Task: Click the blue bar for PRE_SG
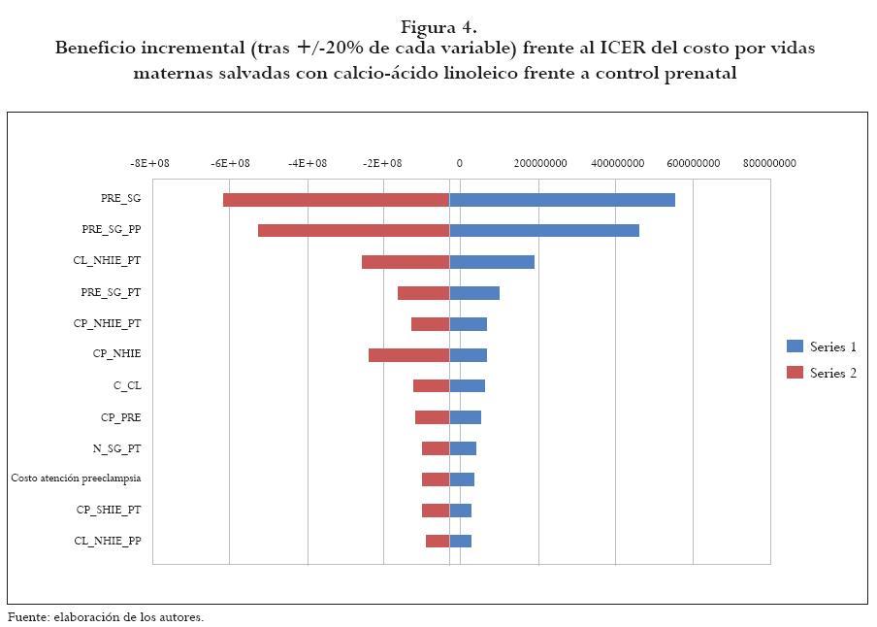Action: click(x=562, y=200)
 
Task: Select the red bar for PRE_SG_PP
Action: click(x=353, y=231)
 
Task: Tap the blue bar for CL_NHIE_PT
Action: click(x=492, y=262)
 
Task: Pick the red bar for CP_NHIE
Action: click(x=408, y=355)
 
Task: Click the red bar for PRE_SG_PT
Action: click(x=423, y=293)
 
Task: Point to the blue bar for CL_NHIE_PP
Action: click(x=460, y=541)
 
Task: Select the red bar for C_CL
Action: click(x=431, y=386)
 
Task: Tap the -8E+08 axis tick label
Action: click(x=149, y=163)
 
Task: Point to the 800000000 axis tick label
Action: click(x=769, y=163)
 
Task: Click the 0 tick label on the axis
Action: click(x=460, y=163)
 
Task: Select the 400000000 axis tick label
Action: click(x=617, y=163)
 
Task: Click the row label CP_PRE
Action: click(x=120, y=417)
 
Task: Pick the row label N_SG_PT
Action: click(x=116, y=448)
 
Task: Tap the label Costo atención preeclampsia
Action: click(x=76, y=478)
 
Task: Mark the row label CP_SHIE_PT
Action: click(x=109, y=510)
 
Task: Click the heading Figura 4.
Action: click(x=438, y=26)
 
